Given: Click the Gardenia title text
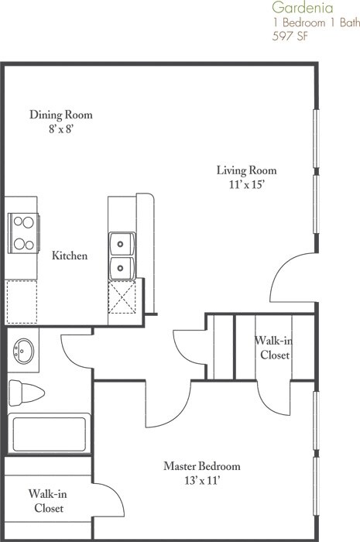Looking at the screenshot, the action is coord(302,7).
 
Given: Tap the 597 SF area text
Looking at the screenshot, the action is coord(290,36).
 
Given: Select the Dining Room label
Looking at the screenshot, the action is coord(61,115).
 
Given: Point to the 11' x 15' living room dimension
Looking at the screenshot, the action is coord(247,185).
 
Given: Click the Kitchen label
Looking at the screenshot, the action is coord(70,256).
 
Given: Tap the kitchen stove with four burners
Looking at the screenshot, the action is coord(24,233).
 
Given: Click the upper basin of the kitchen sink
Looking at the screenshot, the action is coord(122,244).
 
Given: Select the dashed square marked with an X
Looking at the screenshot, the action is coord(122,297).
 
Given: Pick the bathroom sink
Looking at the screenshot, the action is coord(23,351).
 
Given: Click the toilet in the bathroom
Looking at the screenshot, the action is coord(26,393).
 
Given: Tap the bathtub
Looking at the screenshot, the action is coord(49,434).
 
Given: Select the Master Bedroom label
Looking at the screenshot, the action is coord(202,466).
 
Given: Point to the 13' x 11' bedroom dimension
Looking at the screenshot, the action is coord(202,481).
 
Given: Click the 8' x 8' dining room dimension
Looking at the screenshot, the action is coord(61,129).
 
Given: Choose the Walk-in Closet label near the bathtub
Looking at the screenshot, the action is coord(48,501).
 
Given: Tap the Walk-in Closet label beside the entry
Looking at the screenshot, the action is coord(273,348).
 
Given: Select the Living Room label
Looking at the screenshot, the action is coord(247,170).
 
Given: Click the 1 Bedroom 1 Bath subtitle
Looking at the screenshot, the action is coord(316,22).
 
